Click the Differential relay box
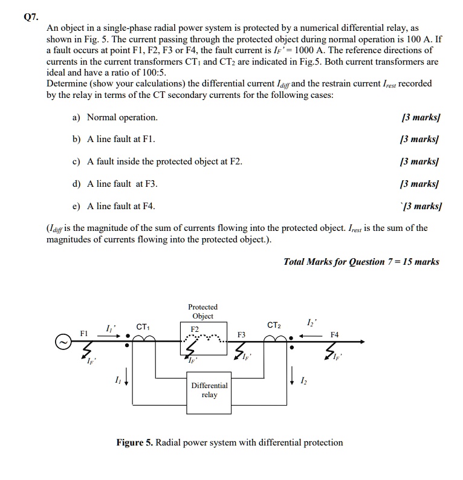[209, 391]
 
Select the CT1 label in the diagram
[143, 327]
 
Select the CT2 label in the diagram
[274, 326]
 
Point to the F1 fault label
[85, 333]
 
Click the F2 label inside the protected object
[195, 329]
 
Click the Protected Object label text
[202, 311]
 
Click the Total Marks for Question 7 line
[361, 262]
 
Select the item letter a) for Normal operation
[76, 117]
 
